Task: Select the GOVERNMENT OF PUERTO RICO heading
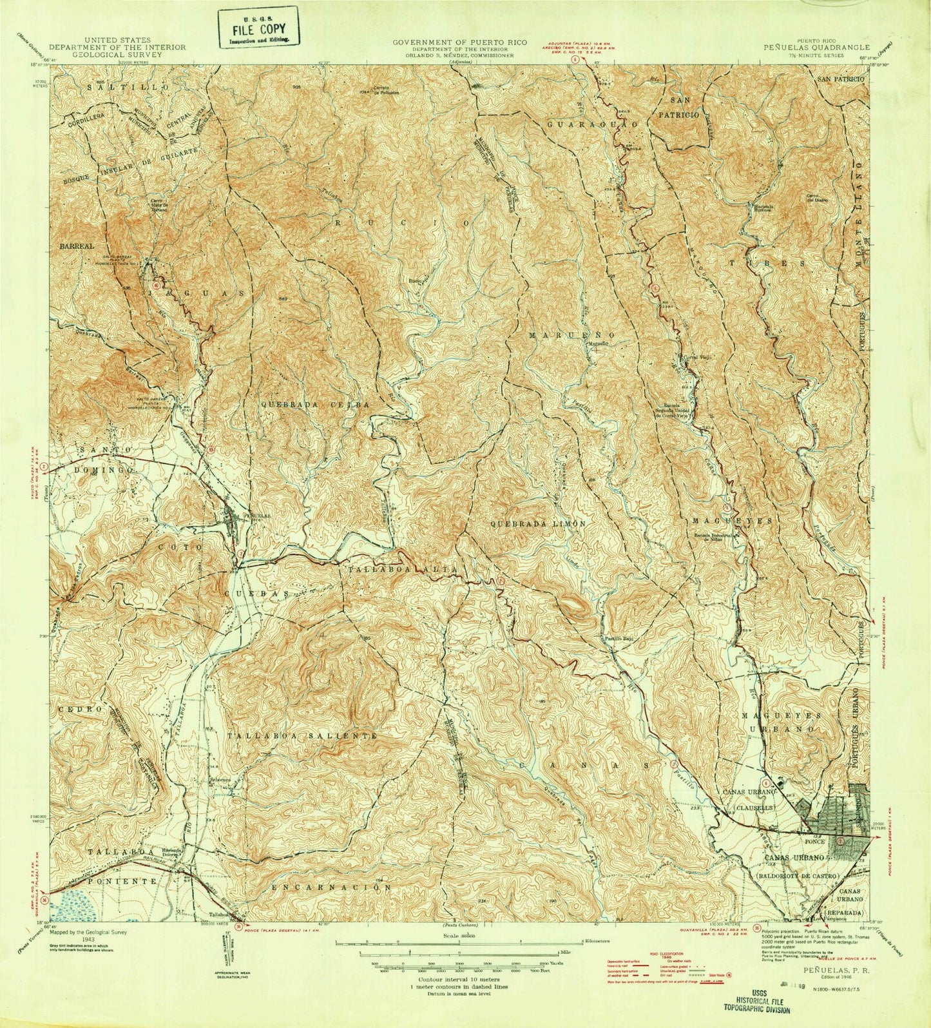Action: tap(460, 42)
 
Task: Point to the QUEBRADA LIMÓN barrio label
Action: tap(538, 524)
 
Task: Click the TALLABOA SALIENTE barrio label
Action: tap(301, 735)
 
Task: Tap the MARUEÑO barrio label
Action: tap(573, 336)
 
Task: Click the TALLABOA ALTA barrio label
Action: tap(403, 570)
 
